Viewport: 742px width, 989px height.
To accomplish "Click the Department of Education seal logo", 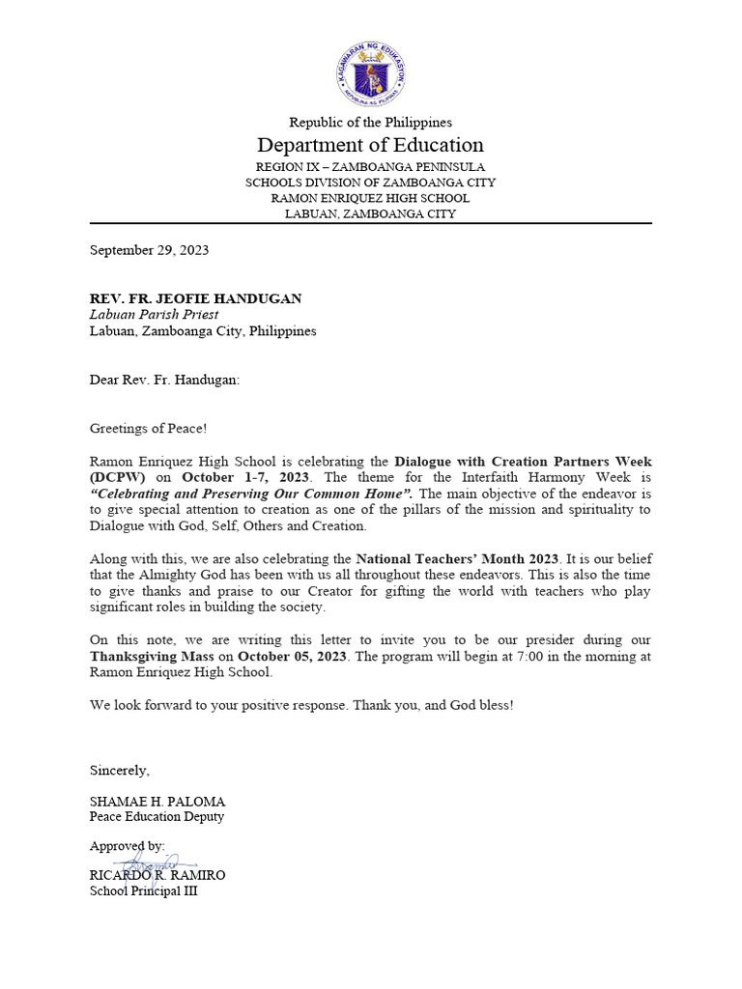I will pyautogui.click(x=371, y=74).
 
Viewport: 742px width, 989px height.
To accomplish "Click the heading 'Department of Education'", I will pyautogui.click(x=370, y=145).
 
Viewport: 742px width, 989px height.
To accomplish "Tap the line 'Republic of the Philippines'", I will pyautogui.click(x=370, y=122).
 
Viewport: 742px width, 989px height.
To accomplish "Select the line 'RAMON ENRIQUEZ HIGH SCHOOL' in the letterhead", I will pyautogui.click(x=370, y=198).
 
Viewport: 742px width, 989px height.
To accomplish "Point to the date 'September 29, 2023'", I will pyautogui.click(x=149, y=250).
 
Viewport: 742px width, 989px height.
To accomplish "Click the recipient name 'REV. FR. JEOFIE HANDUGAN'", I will pyautogui.click(x=195, y=298).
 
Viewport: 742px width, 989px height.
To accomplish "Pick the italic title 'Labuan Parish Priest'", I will pyautogui.click(x=154, y=314).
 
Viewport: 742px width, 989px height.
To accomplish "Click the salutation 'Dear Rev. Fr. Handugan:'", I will pyautogui.click(x=164, y=380).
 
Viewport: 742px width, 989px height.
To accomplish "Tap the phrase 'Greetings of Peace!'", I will pyautogui.click(x=148, y=428).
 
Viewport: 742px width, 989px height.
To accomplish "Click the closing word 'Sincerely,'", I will pyautogui.click(x=120, y=770).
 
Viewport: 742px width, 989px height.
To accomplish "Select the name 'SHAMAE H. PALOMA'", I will pyautogui.click(x=157, y=802).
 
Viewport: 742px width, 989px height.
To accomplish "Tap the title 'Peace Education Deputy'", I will pyautogui.click(x=157, y=817).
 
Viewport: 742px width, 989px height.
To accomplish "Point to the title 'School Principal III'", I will pyautogui.click(x=143, y=890).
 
